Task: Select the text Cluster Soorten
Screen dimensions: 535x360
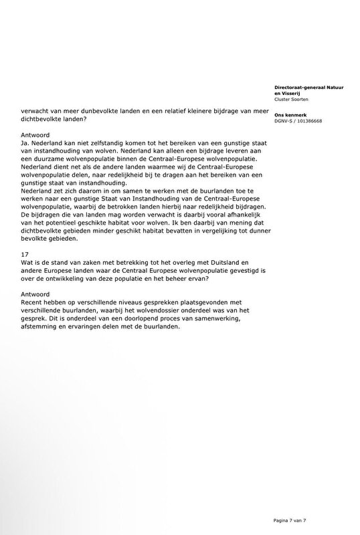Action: (292, 100)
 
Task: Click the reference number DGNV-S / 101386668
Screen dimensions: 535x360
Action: (298, 122)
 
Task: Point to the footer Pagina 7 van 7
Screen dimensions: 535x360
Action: (299, 520)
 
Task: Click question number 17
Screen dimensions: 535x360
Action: (24, 255)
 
